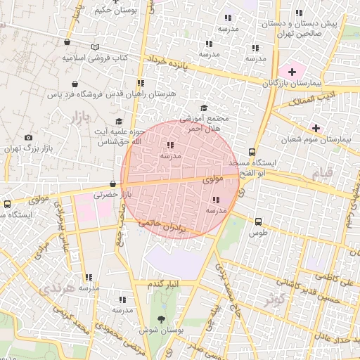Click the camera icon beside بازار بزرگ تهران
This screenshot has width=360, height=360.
click(28, 138)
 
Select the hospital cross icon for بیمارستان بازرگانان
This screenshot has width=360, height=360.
click(292, 72)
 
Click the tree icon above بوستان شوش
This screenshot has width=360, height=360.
click(171, 320)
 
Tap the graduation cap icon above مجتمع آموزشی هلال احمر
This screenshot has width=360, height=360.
click(204, 108)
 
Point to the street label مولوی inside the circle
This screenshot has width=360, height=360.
click(213, 180)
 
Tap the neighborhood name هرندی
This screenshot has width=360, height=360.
click(56, 288)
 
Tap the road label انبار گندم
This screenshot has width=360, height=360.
click(164, 284)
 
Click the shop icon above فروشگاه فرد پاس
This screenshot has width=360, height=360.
click(75, 83)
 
